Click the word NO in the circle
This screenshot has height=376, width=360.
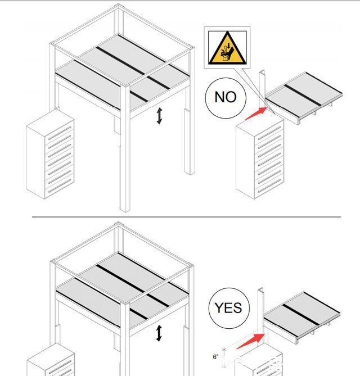pos(226,97)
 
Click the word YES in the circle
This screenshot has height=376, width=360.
pos(228,307)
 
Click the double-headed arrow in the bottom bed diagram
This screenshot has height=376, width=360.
pos(159,333)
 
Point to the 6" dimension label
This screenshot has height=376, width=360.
pos(215,356)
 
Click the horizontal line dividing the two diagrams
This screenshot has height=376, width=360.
pos(186,216)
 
